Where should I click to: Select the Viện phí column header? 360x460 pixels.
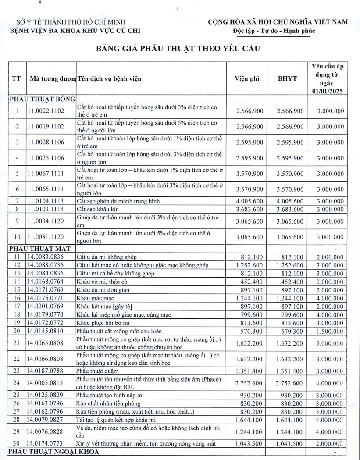coord(247,79)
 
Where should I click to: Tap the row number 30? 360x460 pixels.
coord(17,445)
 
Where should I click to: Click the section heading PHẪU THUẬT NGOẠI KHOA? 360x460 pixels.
coord(54,452)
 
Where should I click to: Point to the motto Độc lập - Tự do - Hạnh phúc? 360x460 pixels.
coord(271,31)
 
